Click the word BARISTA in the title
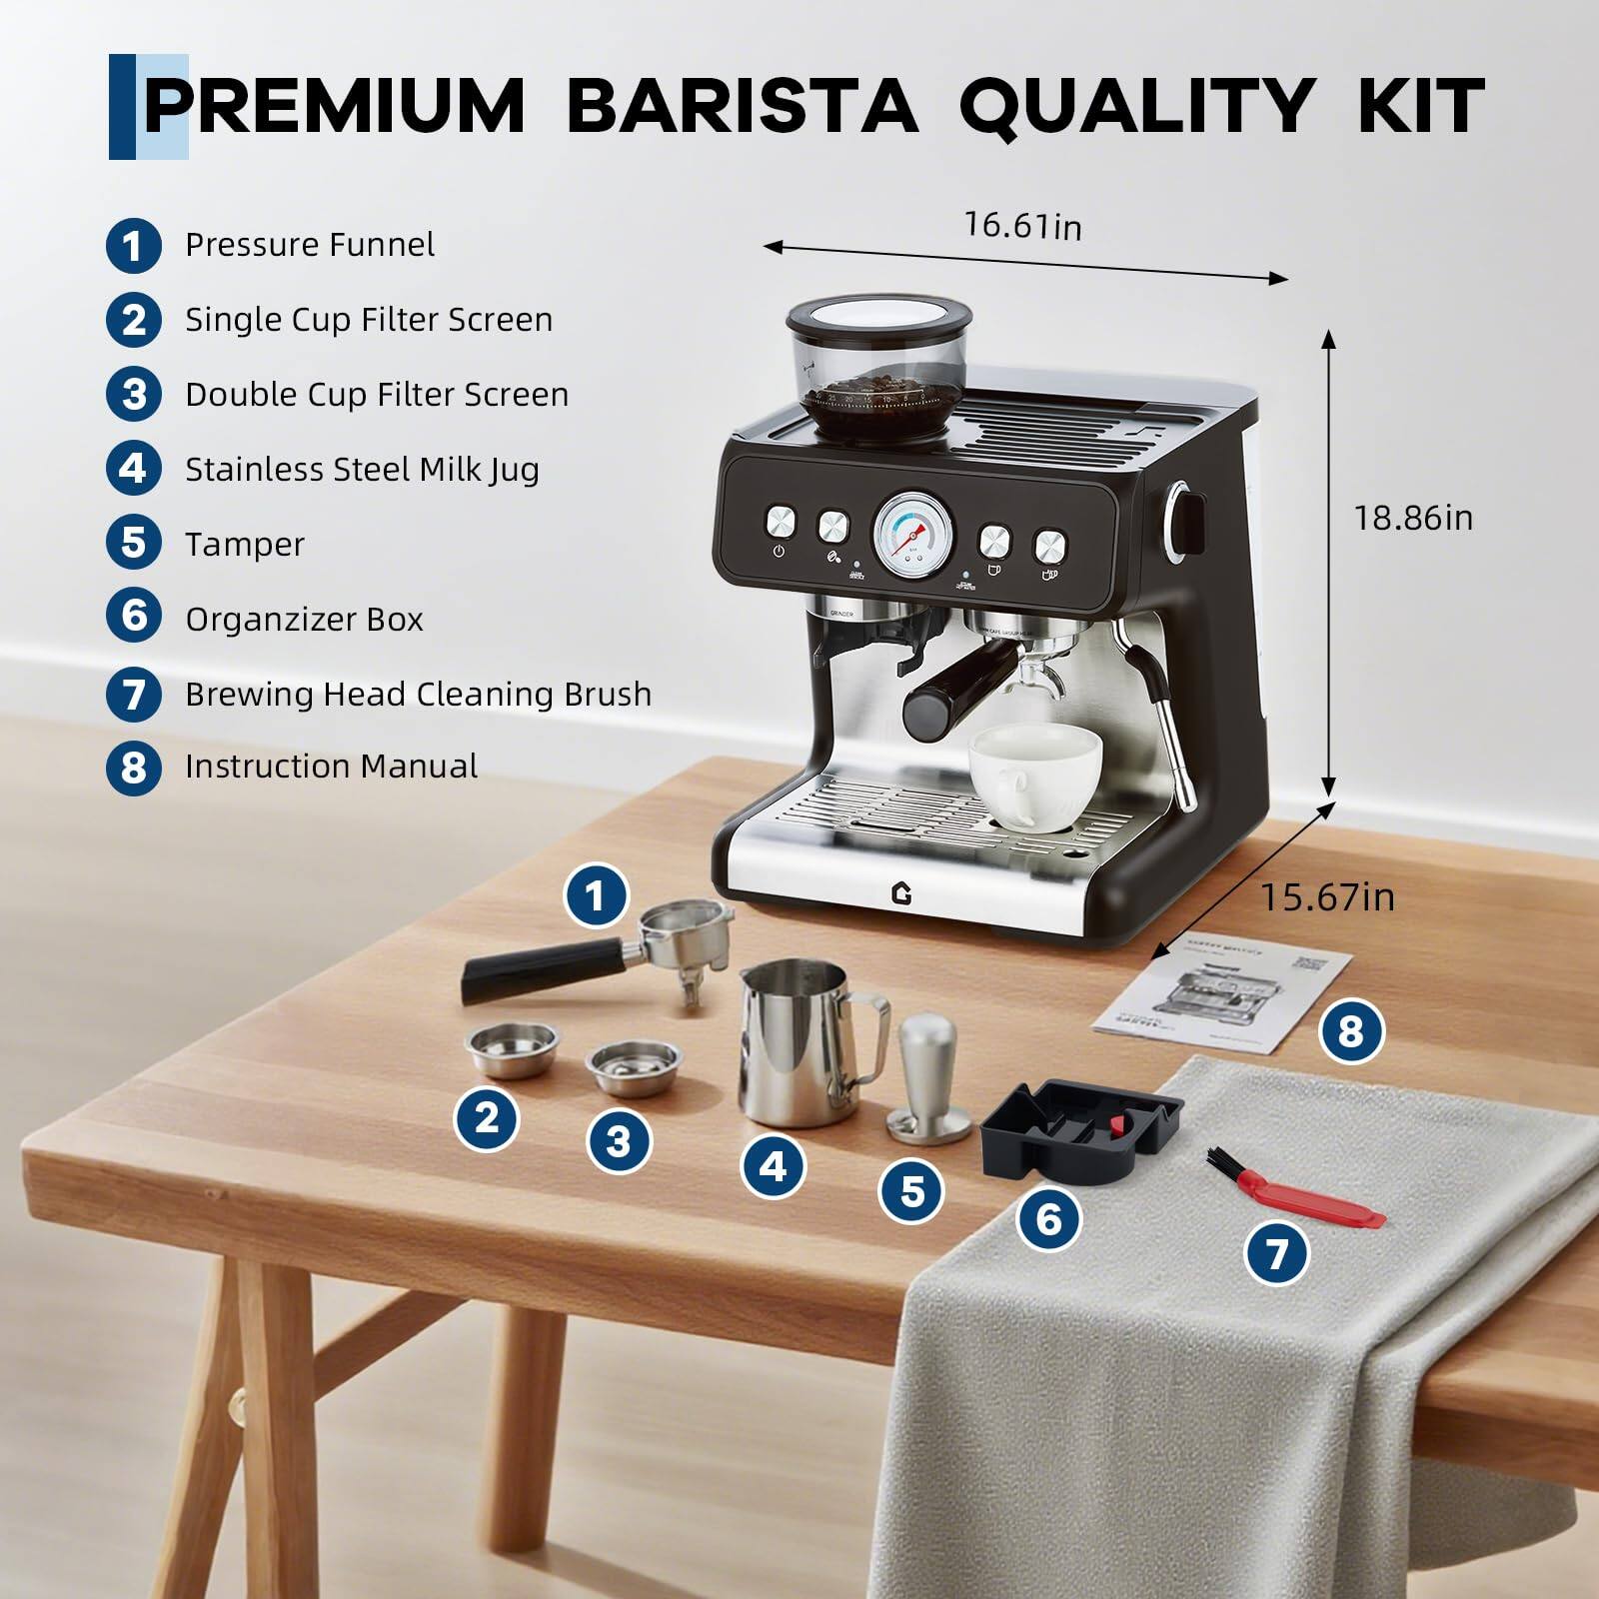tap(742, 105)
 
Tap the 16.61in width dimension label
tap(1022, 226)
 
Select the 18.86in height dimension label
tap(1412, 518)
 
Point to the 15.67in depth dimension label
tap(1326, 896)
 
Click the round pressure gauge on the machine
tap(912, 535)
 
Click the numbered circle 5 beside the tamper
tap(911, 1190)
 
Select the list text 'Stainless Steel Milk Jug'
tap(362, 469)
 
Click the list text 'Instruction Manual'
tap(331, 767)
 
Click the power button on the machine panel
tap(781, 523)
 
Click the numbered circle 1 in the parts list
tap(133, 246)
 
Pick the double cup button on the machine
tap(1049, 547)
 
